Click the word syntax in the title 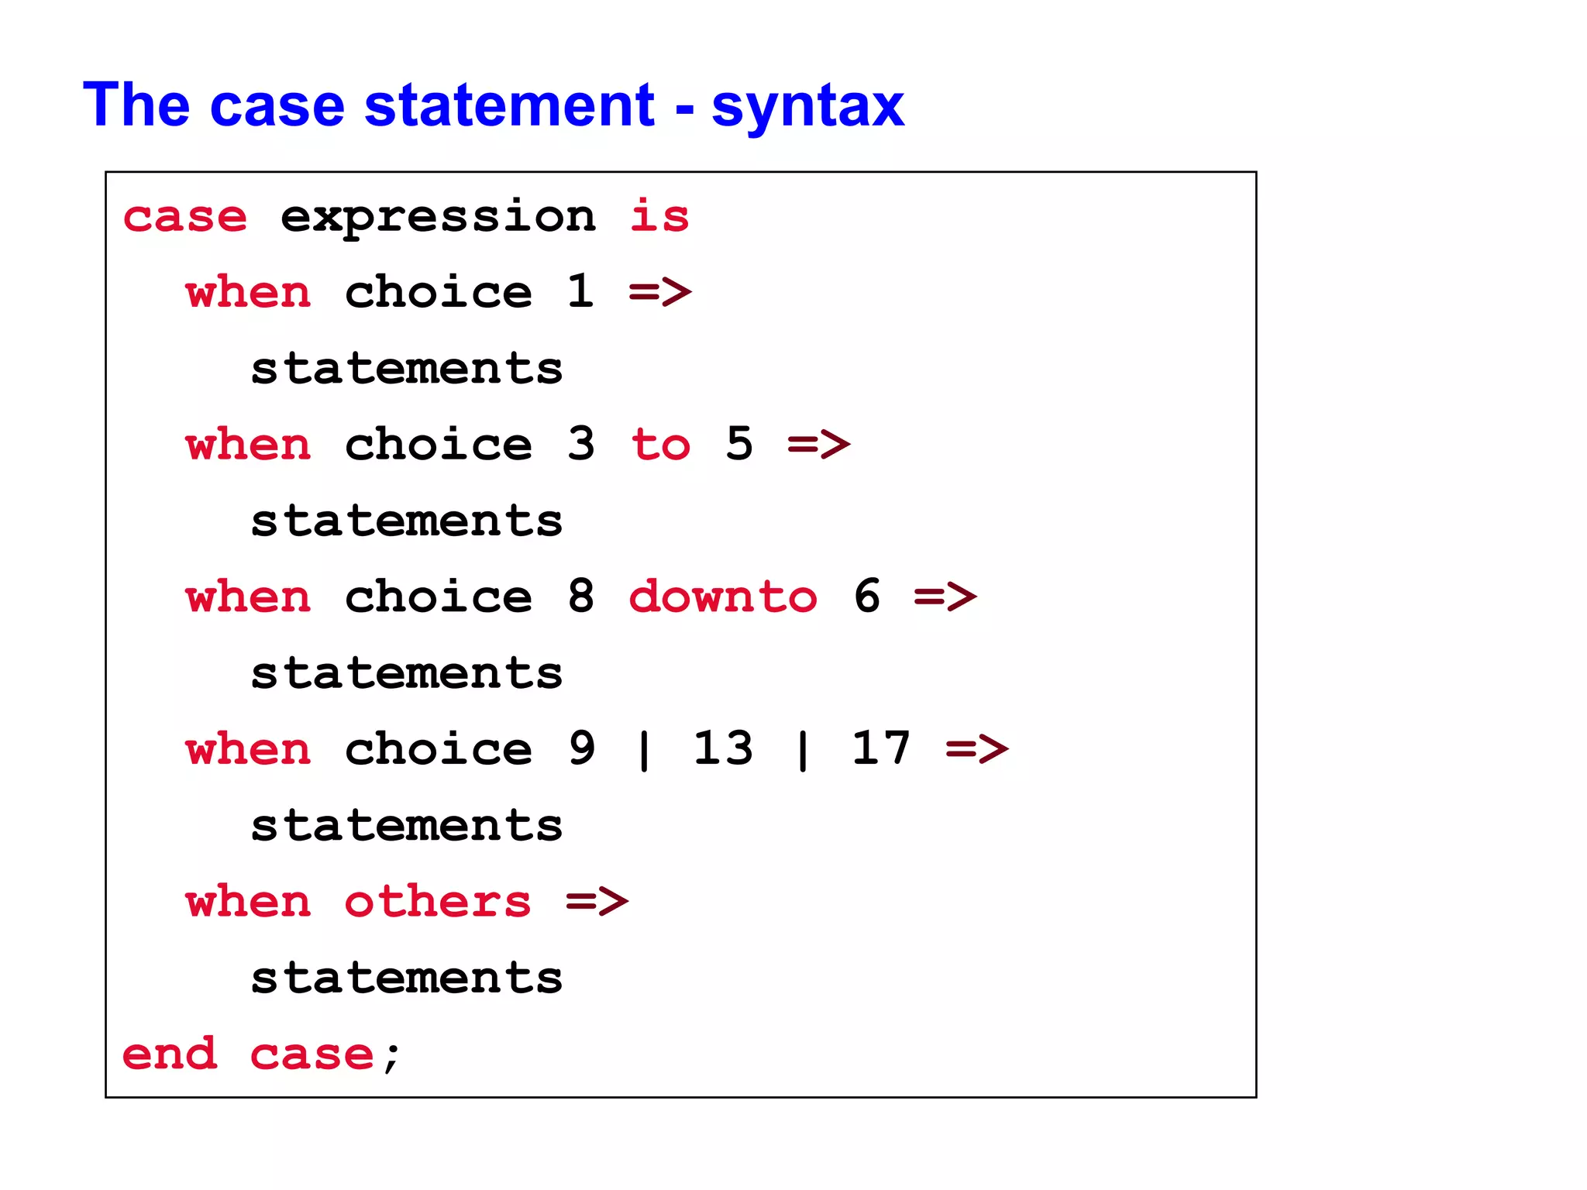click(x=807, y=107)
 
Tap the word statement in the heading click(x=509, y=105)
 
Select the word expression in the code click(x=438, y=218)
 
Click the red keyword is click(x=659, y=216)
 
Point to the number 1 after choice click(x=580, y=291)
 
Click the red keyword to click(x=660, y=445)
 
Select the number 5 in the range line click(x=739, y=444)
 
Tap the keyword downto click(x=722, y=597)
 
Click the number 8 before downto click(x=580, y=597)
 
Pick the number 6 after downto click(x=866, y=597)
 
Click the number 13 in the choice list click(x=723, y=748)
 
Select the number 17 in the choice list click(x=881, y=748)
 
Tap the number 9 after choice click(x=581, y=748)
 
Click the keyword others click(x=438, y=902)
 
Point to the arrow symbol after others click(x=597, y=902)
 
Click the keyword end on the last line click(x=170, y=1054)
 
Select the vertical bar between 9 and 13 click(x=644, y=750)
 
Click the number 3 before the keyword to click(x=580, y=444)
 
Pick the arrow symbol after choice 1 click(x=659, y=292)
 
